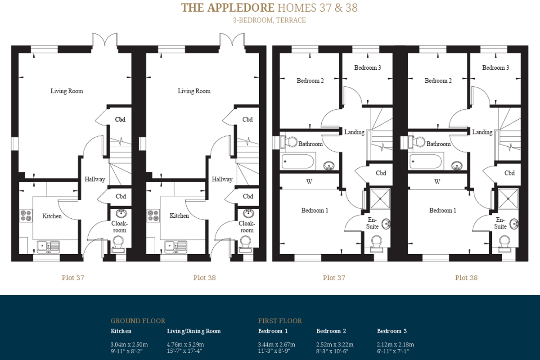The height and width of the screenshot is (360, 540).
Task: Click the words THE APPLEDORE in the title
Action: pyautogui.click(x=228, y=8)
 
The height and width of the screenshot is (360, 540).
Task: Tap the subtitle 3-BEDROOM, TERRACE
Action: pyautogui.click(x=269, y=20)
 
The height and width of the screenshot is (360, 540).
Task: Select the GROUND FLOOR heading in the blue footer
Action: pyautogui.click(x=138, y=321)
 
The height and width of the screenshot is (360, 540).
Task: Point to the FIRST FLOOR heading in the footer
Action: pyautogui.click(x=280, y=321)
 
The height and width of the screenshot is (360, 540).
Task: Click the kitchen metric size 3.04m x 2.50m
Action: pyautogui.click(x=129, y=345)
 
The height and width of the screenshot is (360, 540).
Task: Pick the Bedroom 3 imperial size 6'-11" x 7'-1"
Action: pyautogui.click(x=393, y=351)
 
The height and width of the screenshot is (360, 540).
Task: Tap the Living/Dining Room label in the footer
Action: pyautogui.click(x=194, y=331)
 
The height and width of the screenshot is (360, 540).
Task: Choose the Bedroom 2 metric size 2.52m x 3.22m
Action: pyautogui.click(x=335, y=345)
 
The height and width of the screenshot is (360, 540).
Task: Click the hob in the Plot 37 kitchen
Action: pyautogui.click(x=26, y=215)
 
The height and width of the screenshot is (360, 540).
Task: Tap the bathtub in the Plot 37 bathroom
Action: pyautogui.click(x=298, y=161)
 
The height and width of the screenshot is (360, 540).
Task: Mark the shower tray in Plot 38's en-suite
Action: pyautogui.click(x=508, y=199)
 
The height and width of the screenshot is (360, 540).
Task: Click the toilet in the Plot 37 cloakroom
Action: pyautogui.click(x=118, y=244)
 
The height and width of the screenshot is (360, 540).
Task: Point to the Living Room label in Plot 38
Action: pyautogui.click(x=194, y=91)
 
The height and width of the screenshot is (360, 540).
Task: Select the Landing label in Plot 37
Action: pyautogui.click(x=354, y=132)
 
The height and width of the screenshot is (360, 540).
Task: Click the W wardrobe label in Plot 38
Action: pyautogui.click(x=437, y=181)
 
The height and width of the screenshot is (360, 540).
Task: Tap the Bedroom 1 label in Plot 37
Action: pyautogui.click(x=315, y=211)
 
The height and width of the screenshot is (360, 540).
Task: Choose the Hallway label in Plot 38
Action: pyautogui.click(x=222, y=180)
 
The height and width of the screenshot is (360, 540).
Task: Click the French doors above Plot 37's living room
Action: pyautogui.click(x=104, y=40)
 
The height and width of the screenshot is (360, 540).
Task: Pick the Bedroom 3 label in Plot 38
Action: pyautogui.click(x=495, y=68)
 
